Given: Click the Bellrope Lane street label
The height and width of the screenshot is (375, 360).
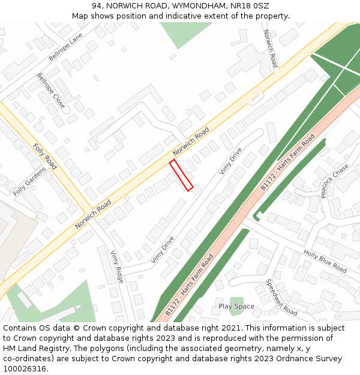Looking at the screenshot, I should click(x=65, y=47).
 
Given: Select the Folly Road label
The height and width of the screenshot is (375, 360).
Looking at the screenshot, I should click(x=44, y=157).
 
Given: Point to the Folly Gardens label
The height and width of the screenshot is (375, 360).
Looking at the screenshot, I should click(x=29, y=182).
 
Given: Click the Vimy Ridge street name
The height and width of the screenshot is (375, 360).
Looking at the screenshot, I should click(x=116, y=266).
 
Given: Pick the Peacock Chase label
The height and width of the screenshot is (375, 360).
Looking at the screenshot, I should click(x=335, y=181).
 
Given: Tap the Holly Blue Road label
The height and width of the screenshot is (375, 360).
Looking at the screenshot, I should click(x=325, y=261).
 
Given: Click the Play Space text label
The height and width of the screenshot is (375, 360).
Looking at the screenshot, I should click(x=236, y=307).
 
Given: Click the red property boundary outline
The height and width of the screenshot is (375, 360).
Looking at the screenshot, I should click(x=181, y=175).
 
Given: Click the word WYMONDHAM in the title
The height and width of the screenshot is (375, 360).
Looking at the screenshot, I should click(x=189, y=6).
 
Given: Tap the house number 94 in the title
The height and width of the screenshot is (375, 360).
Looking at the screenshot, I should click(x=98, y=6).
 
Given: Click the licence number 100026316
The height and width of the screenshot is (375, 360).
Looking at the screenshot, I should click(x=25, y=369).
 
